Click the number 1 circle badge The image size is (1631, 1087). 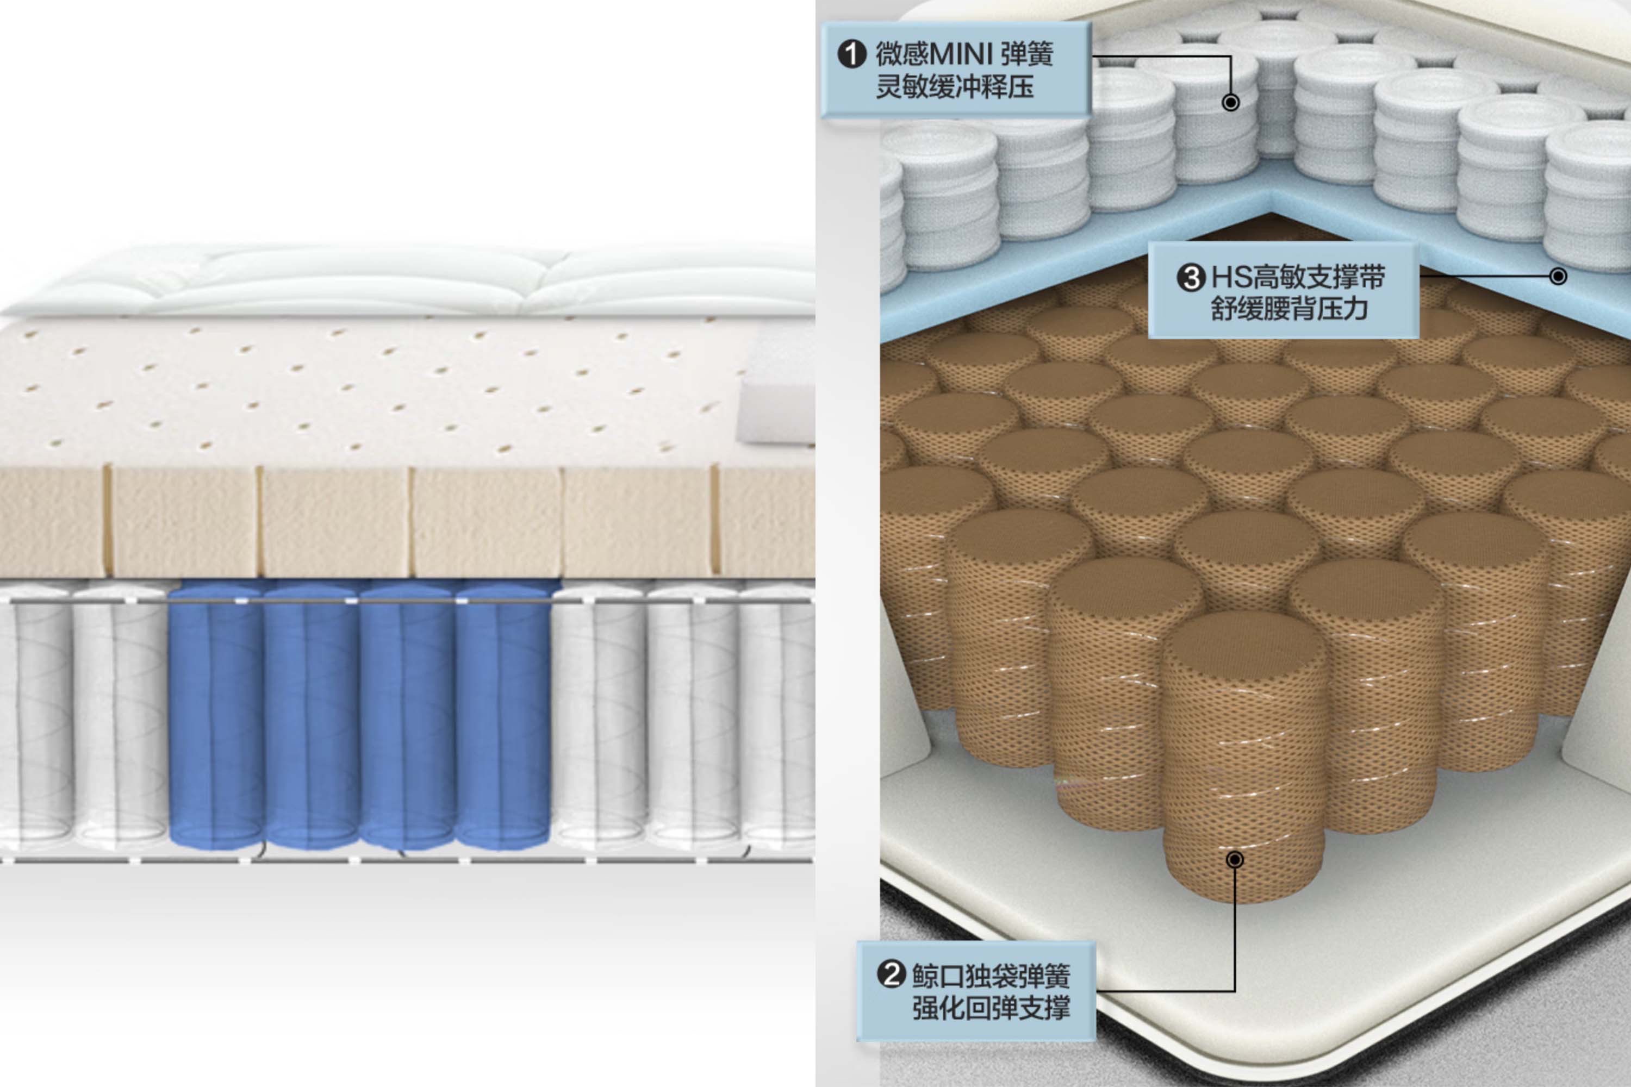click(x=851, y=54)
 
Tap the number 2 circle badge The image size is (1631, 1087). click(x=892, y=974)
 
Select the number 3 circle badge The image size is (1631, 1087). click(x=1191, y=278)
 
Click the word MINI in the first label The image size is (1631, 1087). click(x=961, y=53)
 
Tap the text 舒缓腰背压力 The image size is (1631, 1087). click(x=1289, y=309)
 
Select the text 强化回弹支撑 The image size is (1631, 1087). click(x=991, y=1007)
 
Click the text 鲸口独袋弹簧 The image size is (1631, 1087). click(x=991, y=976)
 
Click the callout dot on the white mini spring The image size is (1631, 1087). click(x=1231, y=103)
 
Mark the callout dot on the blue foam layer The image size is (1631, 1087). click(x=1558, y=277)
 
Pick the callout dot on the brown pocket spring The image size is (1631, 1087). click(x=1234, y=860)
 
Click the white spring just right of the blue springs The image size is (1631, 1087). click(x=599, y=714)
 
